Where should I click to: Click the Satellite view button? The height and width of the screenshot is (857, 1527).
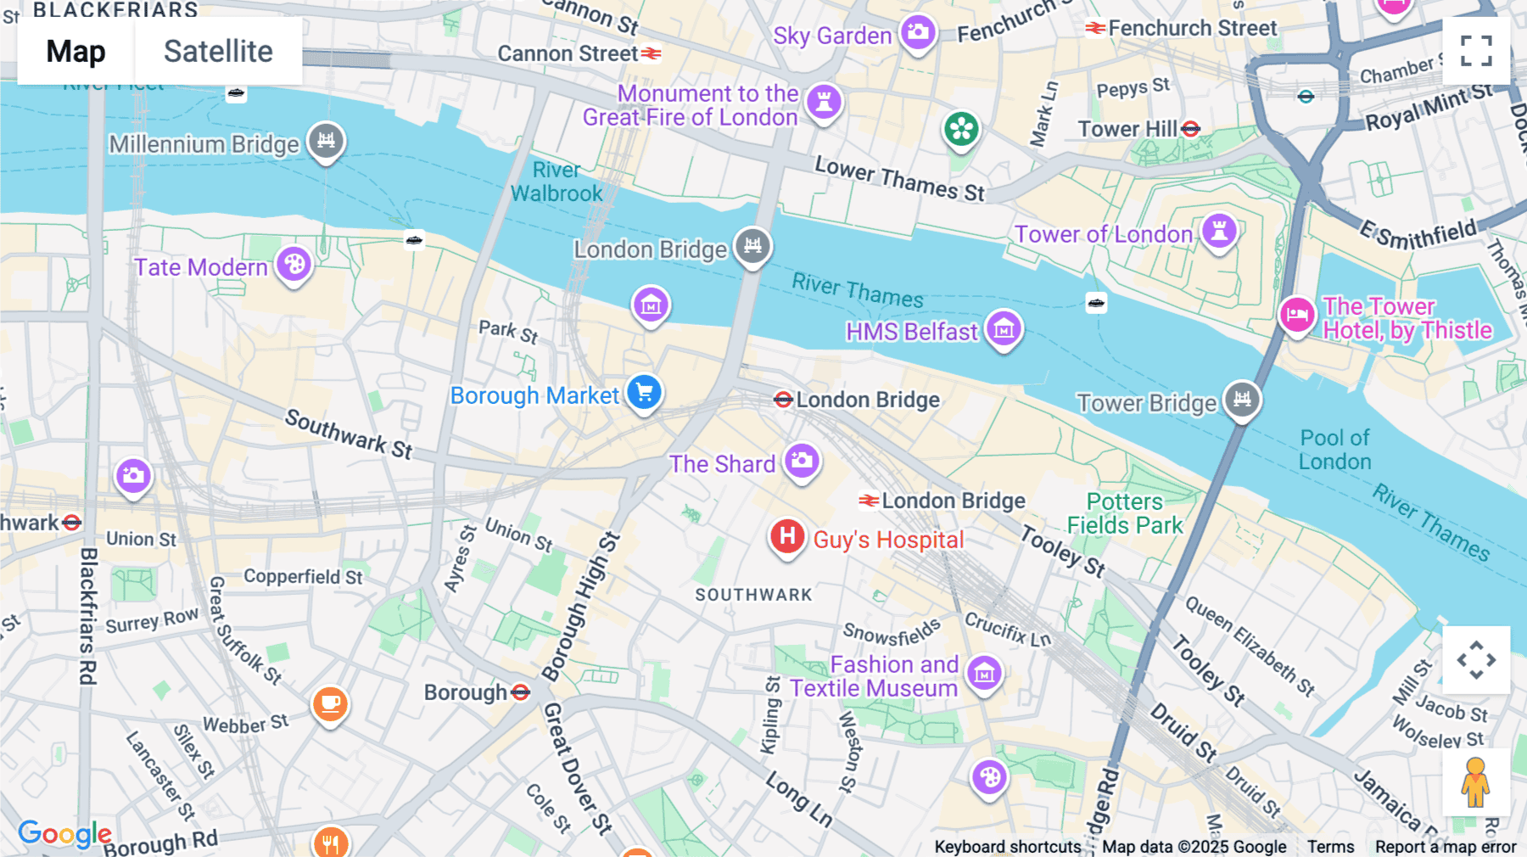pos(218,52)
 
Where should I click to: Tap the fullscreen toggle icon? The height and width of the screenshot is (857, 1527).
pos(1476,51)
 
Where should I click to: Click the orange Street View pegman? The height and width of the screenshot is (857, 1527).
pos(1475,782)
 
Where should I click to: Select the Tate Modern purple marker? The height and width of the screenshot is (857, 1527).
pos(294,264)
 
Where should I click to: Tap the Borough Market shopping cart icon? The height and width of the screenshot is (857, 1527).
pos(645,392)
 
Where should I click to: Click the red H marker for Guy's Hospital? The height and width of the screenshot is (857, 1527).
pos(787,536)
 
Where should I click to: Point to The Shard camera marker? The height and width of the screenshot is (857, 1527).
pos(802,461)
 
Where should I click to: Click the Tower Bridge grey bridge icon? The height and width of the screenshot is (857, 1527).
pos(1242,398)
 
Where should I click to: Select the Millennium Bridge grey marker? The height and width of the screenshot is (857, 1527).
pos(327,140)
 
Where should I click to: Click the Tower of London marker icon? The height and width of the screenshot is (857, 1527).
pos(1219,230)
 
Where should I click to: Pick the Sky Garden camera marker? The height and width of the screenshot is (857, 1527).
pos(918,33)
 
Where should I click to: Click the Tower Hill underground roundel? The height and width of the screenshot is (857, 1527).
pos(1191,129)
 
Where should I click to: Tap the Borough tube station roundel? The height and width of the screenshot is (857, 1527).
pos(521,692)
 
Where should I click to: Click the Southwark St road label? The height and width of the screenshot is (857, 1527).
pos(349,434)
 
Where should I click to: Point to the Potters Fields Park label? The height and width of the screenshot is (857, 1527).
pos(1125,513)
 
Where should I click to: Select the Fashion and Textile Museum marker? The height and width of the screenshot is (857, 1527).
pos(984,674)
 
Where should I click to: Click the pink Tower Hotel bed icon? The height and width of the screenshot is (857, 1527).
pos(1297,316)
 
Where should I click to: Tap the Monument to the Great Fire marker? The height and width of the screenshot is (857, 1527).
pos(824,102)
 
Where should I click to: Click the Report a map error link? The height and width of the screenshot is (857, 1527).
pos(1446,847)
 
